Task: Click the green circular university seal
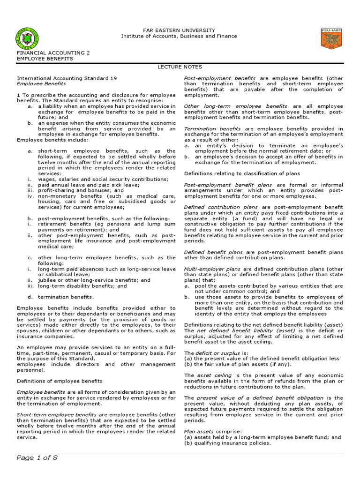28,39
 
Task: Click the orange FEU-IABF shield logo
332,38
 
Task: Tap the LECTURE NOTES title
180,67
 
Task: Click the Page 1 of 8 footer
37,458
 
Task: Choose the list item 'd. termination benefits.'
66,297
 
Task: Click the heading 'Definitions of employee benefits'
60,381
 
